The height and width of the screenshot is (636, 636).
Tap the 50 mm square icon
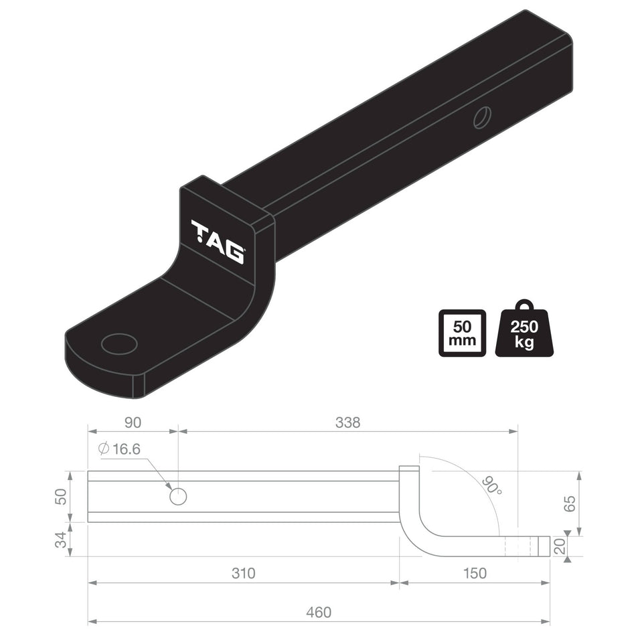pyautogui.click(x=462, y=333)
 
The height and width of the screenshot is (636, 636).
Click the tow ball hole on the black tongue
pyautogui.click(x=119, y=343)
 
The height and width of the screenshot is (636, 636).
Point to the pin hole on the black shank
pyautogui.click(x=481, y=117)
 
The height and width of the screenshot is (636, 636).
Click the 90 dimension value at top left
pyautogui.click(x=133, y=422)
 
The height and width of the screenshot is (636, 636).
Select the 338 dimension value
pyautogui.click(x=348, y=422)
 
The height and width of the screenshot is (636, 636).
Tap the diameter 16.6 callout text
pyautogui.click(x=120, y=449)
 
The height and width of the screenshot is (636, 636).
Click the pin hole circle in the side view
pyautogui.click(x=178, y=497)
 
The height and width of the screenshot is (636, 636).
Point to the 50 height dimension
pyautogui.click(x=61, y=497)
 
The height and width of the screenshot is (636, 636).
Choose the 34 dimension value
pyautogui.click(x=61, y=540)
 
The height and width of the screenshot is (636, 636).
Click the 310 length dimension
pyautogui.click(x=244, y=573)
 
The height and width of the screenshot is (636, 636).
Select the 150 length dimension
pyautogui.click(x=475, y=573)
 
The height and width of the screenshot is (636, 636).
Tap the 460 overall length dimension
pyautogui.click(x=319, y=612)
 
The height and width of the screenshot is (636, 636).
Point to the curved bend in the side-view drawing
pyautogui.click(x=418, y=522)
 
